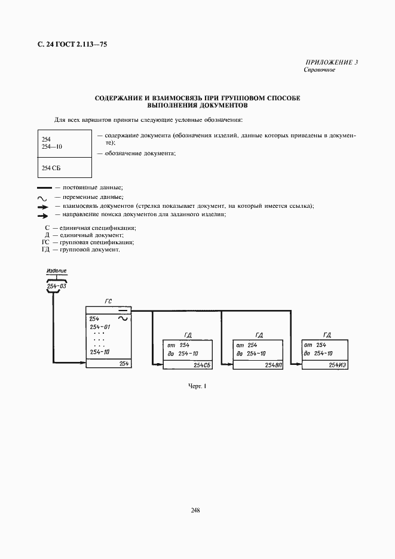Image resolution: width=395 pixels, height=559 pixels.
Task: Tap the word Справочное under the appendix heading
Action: tap(320, 70)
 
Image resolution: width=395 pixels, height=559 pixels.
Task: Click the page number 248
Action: tap(195, 510)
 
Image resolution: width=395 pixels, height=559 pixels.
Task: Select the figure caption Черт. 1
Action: tap(197, 386)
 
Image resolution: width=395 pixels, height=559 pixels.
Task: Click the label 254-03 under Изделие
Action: tap(57, 287)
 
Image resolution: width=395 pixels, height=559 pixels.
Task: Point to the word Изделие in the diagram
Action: tap(57, 271)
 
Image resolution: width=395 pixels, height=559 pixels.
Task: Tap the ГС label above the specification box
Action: tap(108, 302)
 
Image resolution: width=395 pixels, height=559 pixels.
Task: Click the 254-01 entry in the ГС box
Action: tap(100, 327)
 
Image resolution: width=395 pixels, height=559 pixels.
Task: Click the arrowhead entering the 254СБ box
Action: tap(158, 361)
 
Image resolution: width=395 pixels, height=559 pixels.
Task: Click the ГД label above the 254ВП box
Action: tap(259, 336)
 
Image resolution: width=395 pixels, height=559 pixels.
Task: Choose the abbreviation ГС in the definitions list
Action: tap(45, 242)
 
